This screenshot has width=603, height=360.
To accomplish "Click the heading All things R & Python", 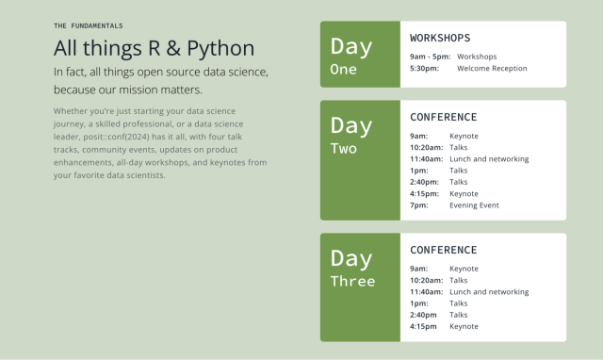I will pos(153,48).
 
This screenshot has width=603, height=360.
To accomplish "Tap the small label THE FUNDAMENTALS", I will pos(89,25).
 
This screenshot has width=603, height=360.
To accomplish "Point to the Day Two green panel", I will pos(360,159).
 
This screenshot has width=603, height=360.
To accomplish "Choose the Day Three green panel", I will pos(360,286).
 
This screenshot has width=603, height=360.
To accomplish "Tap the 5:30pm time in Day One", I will pos(424,68).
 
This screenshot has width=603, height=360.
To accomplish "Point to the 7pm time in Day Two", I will pos(419,205).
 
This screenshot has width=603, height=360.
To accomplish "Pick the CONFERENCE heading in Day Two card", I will pos(443,117).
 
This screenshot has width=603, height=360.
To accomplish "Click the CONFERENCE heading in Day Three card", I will pos(443,250).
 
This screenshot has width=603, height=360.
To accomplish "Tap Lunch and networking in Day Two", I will pos(489,158).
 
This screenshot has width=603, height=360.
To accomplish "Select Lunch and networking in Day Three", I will pos(489,292).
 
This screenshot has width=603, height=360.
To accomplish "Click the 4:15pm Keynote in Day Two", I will pos(464,193).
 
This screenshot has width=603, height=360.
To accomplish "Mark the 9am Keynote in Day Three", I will pos(464,269).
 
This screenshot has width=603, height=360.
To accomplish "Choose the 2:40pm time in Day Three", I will pos(424,315).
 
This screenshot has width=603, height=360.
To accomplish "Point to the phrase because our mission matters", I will pos(127,90).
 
